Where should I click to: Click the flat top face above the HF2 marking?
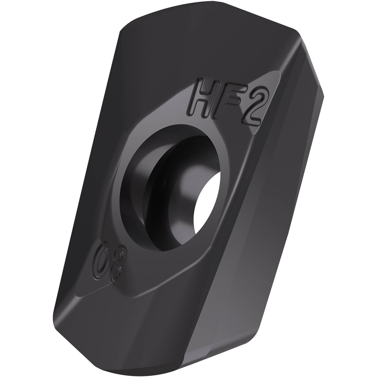[189, 55]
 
